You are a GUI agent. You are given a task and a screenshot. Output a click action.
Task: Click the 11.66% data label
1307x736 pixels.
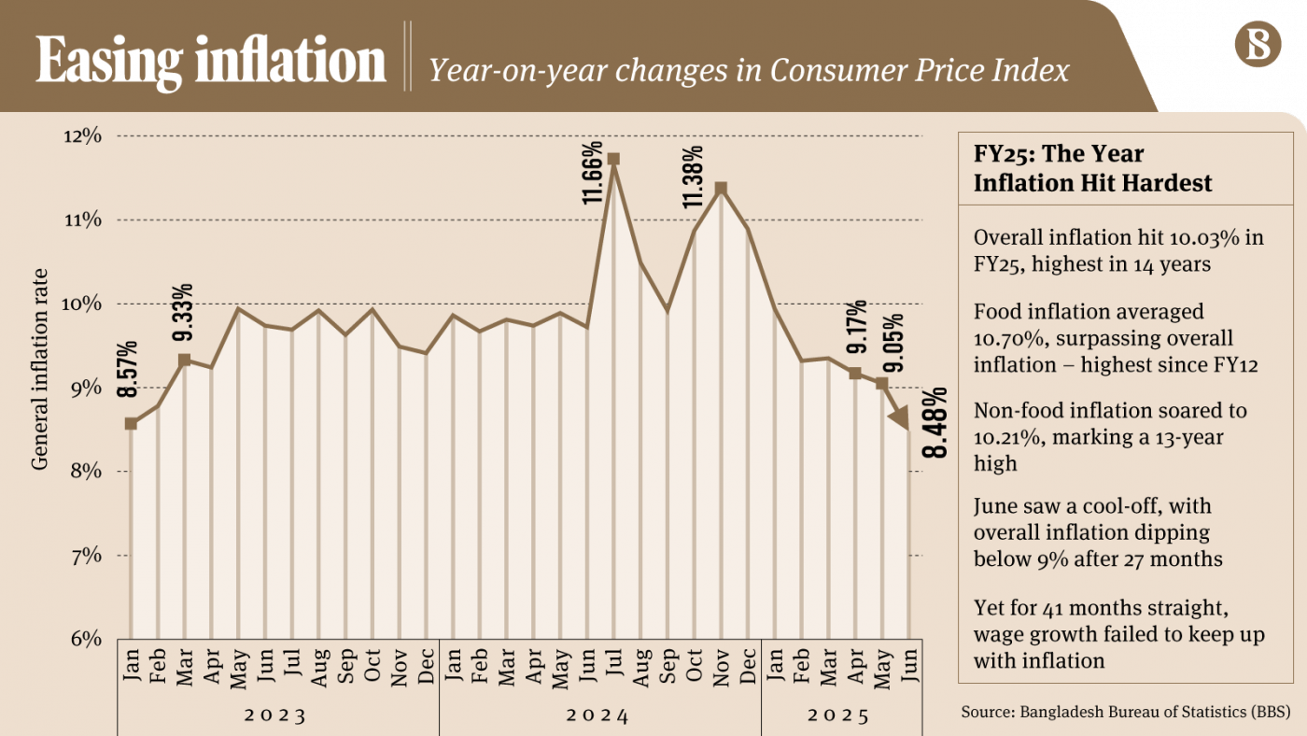(x=592, y=174)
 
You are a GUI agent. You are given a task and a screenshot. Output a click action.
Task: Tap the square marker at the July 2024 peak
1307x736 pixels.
(x=613, y=159)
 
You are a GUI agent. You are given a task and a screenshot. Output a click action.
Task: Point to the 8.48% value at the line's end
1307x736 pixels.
(x=935, y=422)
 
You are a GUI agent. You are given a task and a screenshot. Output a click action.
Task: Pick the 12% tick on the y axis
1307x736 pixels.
(x=81, y=136)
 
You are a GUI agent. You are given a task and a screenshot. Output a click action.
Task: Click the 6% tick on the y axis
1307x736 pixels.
(x=84, y=640)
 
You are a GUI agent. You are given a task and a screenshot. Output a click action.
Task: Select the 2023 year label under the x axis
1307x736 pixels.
(x=276, y=716)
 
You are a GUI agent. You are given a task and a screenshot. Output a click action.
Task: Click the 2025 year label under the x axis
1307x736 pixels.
(x=838, y=716)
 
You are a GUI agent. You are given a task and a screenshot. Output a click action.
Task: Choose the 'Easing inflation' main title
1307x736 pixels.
(x=211, y=62)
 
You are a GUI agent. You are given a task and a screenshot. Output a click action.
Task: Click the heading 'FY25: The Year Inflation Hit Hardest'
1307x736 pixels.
(x=1092, y=168)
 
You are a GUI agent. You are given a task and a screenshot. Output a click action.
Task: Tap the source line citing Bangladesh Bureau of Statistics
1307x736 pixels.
(x=1126, y=713)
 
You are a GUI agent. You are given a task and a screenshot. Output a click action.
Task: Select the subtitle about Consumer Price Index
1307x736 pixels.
(x=749, y=69)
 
